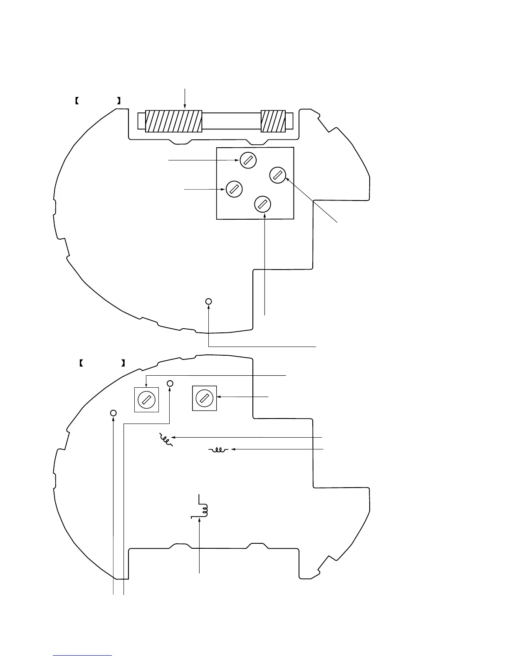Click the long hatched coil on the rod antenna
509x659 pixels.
pyautogui.click(x=173, y=121)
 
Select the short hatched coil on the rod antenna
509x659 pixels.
pyautogui.click(x=273, y=121)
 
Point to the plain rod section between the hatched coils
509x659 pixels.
pyautogui.click(x=231, y=121)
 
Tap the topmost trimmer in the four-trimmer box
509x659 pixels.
pyautogui.click(x=248, y=160)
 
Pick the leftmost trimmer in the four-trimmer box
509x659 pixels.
pyautogui.click(x=234, y=189)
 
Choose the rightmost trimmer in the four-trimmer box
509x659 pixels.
pyautogui.click(x=278, y=175)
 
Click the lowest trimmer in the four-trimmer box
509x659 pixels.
pyautogui.click(x=263, y=204)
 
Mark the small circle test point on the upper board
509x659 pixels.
pyautogui.click(x=209, y=301)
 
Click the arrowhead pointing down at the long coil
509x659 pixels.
pyautogui.click(x=185, y=108)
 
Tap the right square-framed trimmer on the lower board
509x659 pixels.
pyautogui.click(x=204, y=398)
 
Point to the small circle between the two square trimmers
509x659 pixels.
pyautogui.click(x=170, y=383)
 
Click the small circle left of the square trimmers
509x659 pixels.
pyautogui.click(x=113, y=413)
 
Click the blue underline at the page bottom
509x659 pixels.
pyautogui.click(x=82, y=655)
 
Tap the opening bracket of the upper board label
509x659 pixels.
pyautogui.click(x=77, y=100)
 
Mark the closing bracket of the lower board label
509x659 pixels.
pyautogui.click(x=124, y=363)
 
